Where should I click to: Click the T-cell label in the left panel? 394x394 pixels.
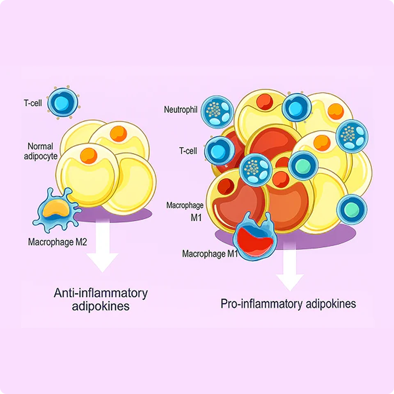click(x=33, y=103)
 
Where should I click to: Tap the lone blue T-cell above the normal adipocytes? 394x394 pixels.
click(x=63, y=103)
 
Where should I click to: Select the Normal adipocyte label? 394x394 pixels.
click(x=41, y=151)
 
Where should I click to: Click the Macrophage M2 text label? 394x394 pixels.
click(x=57, y=242)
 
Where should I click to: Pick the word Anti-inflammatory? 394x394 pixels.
click(x=101, y=293)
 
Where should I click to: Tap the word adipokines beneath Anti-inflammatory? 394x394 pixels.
click(x=101, y=306)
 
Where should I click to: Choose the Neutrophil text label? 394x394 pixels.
click(x=181, y=110)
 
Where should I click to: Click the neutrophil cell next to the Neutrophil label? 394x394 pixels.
click(x=218, y=112)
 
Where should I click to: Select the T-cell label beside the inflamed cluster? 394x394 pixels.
click(x=188, y=151)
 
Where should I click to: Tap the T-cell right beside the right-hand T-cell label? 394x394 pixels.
click(x=219, y=151)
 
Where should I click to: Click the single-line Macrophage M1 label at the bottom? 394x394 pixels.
click(x=210, y=254)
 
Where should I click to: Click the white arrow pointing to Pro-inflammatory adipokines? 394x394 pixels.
click(x=290, y=267)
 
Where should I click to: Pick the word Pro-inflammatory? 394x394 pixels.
click(x=261, y=304)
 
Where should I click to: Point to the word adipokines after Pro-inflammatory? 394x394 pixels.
click(x=331, y=304)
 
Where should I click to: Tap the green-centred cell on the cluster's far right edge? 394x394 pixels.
click(x=352, y=209)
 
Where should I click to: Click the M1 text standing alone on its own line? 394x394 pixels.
click(x=196, y=218)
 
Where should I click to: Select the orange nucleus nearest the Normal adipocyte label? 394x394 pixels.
click(x=89, y=156)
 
